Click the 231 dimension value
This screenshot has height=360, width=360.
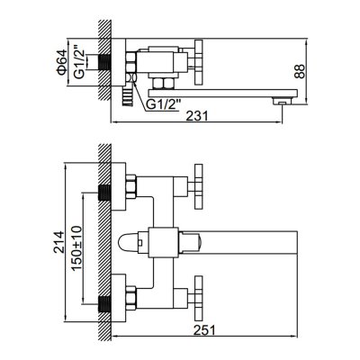pyautogui.click(x=197, y=116)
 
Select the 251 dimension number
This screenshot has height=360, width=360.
pyautogui.click(x=204, y=330)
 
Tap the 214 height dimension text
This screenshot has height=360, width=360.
pyautogui.click(x=59, y=242)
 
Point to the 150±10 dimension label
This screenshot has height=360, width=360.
pyautogui.click(x=77, y=247)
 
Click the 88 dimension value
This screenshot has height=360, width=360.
pyautogui.click(x=300, y=71)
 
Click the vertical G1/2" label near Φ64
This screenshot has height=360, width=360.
pyautogui.click(x=79, y=62)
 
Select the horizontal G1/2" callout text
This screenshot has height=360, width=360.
pyautogui.click(x=164, y=105)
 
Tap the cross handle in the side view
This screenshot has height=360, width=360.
pyautogui.click(x=199, y=62)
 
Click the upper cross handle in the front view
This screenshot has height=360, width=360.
pyautogui.click(x=199, y=186)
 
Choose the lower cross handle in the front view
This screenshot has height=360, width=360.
pyautogui.click(x=199, y=298)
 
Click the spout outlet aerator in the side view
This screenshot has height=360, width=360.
pyautogui.click(x=282, y=101)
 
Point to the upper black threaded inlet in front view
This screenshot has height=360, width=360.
pyautogui.click(x=104, y=193)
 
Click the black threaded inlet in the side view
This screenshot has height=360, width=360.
pyautogui.click(x=104, y=62)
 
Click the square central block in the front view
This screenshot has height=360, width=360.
pyautogui.click(x=164, y=243)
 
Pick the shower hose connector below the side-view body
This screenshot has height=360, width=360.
pyautogui.click(x=127, y=96)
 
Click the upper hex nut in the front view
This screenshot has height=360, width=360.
pyautogui.click(x=131, y=186)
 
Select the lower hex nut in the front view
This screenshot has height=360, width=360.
pyautogui.click(x=131, y=298)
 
